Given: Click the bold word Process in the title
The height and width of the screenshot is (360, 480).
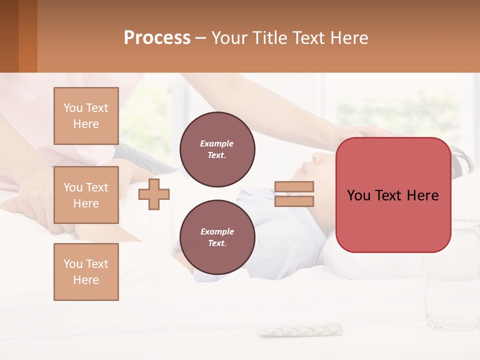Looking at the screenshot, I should [x=157, y=38].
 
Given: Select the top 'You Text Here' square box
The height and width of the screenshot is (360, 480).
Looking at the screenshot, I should [x=86, y=116].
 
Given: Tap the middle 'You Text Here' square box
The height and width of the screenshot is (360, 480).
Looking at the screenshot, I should [x=86, y=195].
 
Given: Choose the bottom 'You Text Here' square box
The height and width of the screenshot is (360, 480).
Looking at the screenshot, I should [x=86, y=272].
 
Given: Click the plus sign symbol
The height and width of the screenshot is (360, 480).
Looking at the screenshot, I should [x=154, y=193].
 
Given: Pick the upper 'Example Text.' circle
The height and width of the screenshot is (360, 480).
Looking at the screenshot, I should [x=217, y=149].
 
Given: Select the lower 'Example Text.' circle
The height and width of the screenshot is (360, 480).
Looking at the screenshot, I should [x=217, y=237].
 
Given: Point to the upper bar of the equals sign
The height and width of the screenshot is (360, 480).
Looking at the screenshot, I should [x=294, y=186].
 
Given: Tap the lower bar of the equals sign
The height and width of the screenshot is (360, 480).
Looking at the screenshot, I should [x=294, y=201].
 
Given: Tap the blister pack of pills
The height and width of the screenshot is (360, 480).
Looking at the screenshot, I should [x=300, y=329].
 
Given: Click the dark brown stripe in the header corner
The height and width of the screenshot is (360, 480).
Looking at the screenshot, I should [x=9, y=36].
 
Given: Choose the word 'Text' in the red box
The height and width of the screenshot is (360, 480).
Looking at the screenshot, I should [x=390, y=195].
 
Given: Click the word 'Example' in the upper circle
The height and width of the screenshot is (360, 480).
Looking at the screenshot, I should [x=217, y=144].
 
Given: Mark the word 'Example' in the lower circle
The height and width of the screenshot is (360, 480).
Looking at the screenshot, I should [x=217, y=232].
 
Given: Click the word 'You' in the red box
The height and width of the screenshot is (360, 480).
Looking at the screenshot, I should [x=358, y=195].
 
